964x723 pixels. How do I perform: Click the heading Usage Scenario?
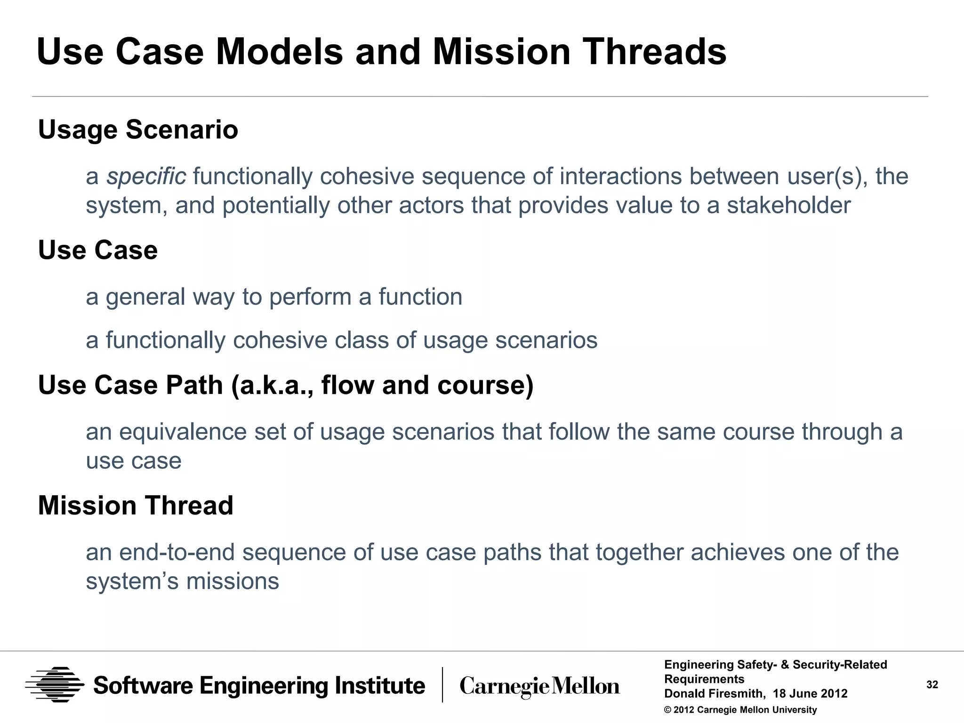point(138,129)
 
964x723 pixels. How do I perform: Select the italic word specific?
point(146,177)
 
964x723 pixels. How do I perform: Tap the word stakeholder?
point(788,206)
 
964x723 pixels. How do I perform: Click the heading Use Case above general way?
point(97,250)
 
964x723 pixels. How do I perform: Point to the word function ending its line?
point(420,297)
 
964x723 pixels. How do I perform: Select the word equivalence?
point(183,432)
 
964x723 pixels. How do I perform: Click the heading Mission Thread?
point(136,506)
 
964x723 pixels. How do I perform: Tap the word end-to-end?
point(177,553)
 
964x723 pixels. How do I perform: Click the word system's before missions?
point(132,582)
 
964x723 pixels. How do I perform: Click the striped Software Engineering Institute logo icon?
point(55,685)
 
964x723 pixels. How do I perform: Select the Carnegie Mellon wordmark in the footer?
point(539,686)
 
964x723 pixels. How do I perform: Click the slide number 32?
point(932,685)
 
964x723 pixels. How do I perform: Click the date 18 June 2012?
point(810,694)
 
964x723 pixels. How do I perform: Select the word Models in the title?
point(279,52)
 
